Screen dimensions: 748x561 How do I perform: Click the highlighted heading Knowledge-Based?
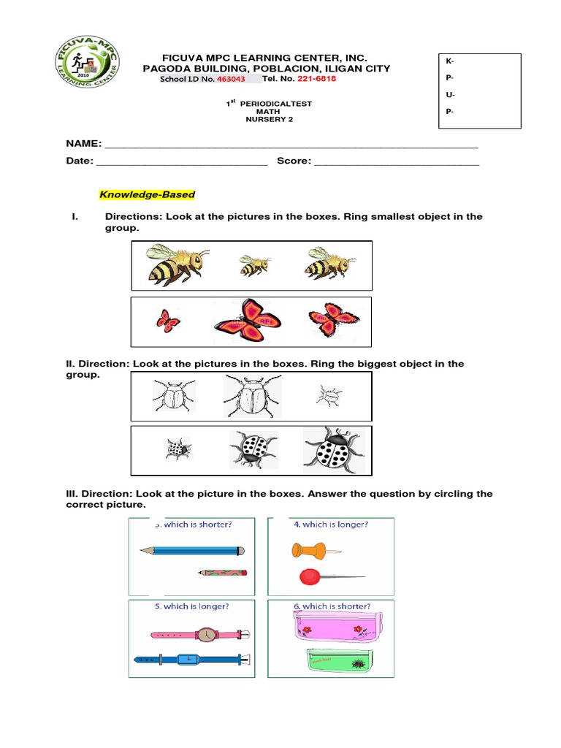147,195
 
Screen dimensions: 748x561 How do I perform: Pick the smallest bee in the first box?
254,265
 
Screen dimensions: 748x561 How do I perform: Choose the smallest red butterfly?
167,320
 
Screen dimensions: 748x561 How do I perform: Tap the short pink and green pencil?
222,573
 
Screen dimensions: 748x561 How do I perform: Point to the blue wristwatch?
191,660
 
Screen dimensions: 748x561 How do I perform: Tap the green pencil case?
337,661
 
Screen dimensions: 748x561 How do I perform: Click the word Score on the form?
294,161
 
